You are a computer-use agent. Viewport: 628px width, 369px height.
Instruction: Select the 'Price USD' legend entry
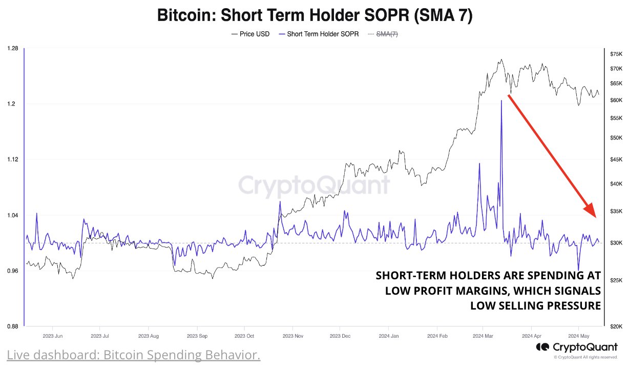click(250, 34)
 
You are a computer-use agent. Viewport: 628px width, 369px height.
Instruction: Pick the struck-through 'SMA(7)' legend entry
click(387, 34)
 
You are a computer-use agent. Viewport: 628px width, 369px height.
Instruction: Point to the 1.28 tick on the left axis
click(13, 49)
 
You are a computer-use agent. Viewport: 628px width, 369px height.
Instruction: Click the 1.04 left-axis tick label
click(13, 215)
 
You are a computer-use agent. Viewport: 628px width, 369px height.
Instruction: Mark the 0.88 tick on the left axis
click(13, 326)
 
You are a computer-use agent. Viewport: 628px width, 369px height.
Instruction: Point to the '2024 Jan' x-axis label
click(387, 336)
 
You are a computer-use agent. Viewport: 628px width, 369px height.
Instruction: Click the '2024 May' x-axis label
click(578, 336)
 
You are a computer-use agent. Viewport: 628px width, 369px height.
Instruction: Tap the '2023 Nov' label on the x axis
click(292, 336)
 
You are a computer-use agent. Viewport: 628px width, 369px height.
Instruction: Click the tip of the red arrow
click(594, 217)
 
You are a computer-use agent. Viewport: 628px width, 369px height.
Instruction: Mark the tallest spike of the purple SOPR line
click(501, 101)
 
